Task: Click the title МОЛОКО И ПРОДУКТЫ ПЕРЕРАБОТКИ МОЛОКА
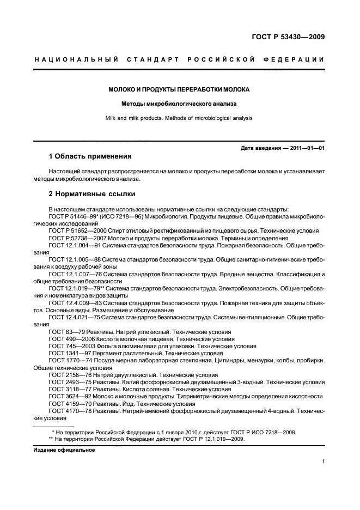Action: point(179,89)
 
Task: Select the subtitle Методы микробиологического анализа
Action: point(179,104)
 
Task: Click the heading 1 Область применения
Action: point(90,156)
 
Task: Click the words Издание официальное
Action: point(71,450)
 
